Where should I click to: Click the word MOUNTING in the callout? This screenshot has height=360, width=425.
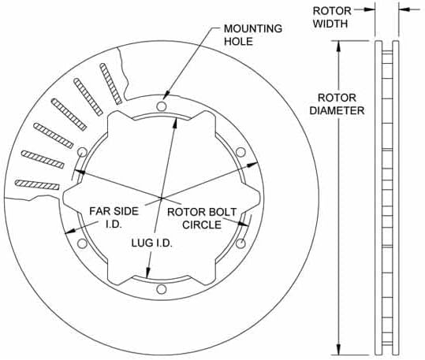pyautogui.click(x=253, y=29)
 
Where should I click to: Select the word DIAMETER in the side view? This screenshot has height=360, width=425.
pyautogui.click(x=341, y=111)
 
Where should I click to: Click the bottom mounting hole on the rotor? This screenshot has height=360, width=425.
pyautogui.click(x=161, y=291)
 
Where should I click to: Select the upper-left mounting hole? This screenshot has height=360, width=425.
pyautogui.click(x=81, y=151)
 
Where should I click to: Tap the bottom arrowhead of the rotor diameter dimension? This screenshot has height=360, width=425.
pyautogui.click(x=339, y=351)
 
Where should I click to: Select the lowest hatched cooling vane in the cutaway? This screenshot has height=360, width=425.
pyautogui.click(x=37, y=184)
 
